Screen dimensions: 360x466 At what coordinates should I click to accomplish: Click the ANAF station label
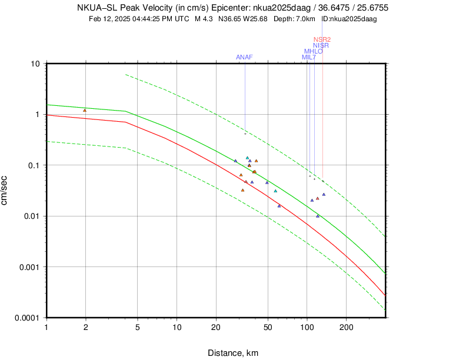[x=244, y=57]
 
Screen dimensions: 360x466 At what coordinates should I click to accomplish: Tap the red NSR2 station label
[x=322, y=39]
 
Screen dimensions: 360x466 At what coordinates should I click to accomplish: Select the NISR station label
[x=321, y=45]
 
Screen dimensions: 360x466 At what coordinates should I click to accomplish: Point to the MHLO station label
[x=313, y=51]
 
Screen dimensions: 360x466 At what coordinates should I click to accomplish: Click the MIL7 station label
[x=309, y=57]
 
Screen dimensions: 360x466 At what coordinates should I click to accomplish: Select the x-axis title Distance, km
[x=233, y=353]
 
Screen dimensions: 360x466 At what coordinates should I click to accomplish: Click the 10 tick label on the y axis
[x=35, y=64]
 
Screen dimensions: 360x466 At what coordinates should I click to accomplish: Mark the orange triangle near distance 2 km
[x=85, y=110]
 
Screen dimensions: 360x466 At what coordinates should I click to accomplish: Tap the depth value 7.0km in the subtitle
[x=307, y=19]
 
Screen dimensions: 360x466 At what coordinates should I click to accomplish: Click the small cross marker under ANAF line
[x=245, y=134]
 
